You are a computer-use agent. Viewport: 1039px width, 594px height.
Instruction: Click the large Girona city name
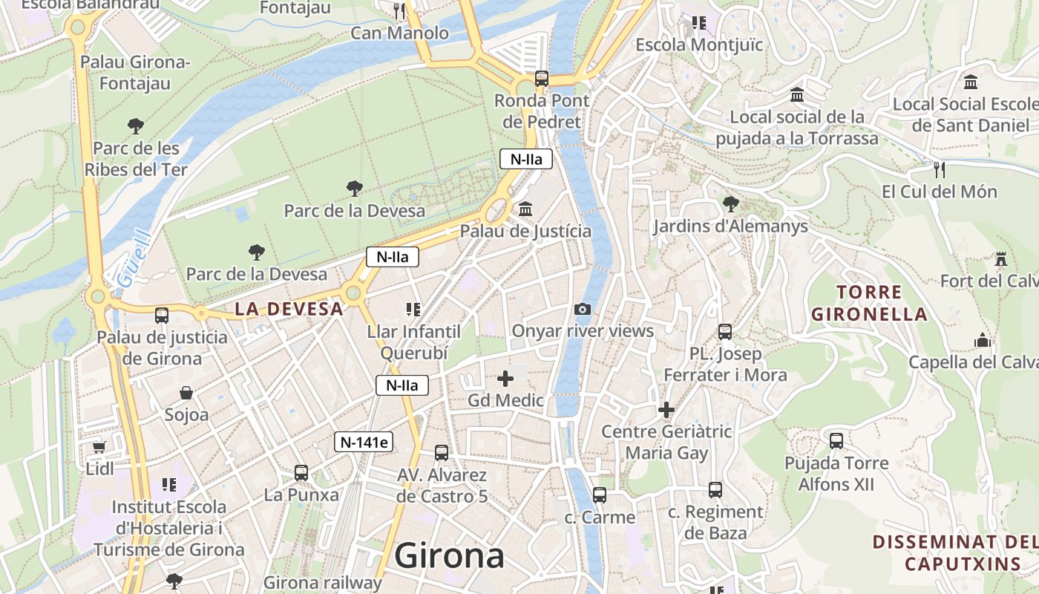(449, 555)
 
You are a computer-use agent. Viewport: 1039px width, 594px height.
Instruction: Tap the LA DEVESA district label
(289, 309)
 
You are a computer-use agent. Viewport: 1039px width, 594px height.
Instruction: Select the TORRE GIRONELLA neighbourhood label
(869, 303)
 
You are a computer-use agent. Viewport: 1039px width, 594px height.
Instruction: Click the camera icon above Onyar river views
(583, 309)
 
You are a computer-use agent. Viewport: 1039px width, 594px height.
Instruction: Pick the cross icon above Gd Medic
(505, 379)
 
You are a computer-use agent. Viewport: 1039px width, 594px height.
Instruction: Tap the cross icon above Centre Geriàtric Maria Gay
(666, 409)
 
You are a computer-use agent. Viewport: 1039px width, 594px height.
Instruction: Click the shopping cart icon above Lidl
(99, 447)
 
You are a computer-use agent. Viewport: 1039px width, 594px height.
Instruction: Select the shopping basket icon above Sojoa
(186, 392)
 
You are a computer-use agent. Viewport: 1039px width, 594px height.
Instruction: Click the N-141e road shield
(363, 442)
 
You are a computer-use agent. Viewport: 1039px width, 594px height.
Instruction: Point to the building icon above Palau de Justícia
(525, 209)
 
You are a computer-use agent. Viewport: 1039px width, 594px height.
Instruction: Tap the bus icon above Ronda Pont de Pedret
(542, 78)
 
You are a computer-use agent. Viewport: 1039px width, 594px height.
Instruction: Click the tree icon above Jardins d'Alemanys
(730, 204)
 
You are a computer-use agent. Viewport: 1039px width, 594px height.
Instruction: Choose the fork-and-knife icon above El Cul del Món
(940, 169)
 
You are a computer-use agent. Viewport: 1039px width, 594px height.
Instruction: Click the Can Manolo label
(399, 33)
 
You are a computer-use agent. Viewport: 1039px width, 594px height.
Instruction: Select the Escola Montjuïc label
(699, 45)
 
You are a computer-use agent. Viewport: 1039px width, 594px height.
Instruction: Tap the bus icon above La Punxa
(301, 472)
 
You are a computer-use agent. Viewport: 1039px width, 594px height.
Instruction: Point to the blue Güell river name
(134, 259)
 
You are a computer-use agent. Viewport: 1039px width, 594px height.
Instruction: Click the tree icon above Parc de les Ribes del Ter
(135, 126)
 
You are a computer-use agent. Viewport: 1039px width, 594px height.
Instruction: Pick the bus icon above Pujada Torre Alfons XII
(836, 441)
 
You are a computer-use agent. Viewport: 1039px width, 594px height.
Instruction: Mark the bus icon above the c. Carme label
(600, 495)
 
